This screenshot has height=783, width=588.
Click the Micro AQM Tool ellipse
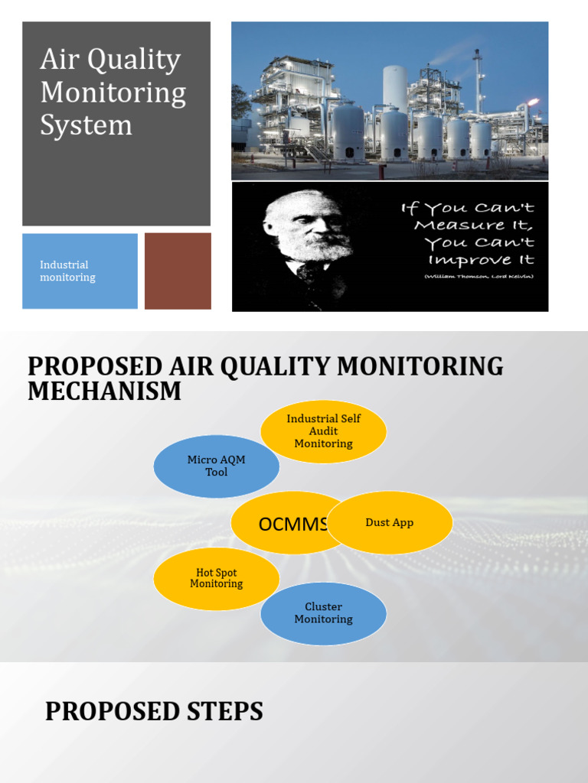[x=217, y=466]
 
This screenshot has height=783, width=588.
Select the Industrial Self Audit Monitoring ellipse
[x=323, y=431]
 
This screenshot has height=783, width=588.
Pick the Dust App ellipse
[x=390, y=523]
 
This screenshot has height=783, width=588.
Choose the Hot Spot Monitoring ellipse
[x=217, y=578]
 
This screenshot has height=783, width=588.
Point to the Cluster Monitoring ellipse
[x=323, y=613]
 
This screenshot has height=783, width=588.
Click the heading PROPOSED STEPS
[x=154, y=712]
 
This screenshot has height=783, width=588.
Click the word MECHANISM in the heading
[x=105, y=391]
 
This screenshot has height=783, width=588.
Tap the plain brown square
[x=178, y=271]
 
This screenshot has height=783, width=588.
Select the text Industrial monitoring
[x=67, y=271]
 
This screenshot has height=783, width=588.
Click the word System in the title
[x=86, y=125]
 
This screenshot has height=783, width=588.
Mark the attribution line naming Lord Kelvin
[x=479, y=276]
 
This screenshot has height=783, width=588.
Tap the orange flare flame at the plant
[x=534, y=102]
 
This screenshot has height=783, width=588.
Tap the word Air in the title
[x=60, y=60]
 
